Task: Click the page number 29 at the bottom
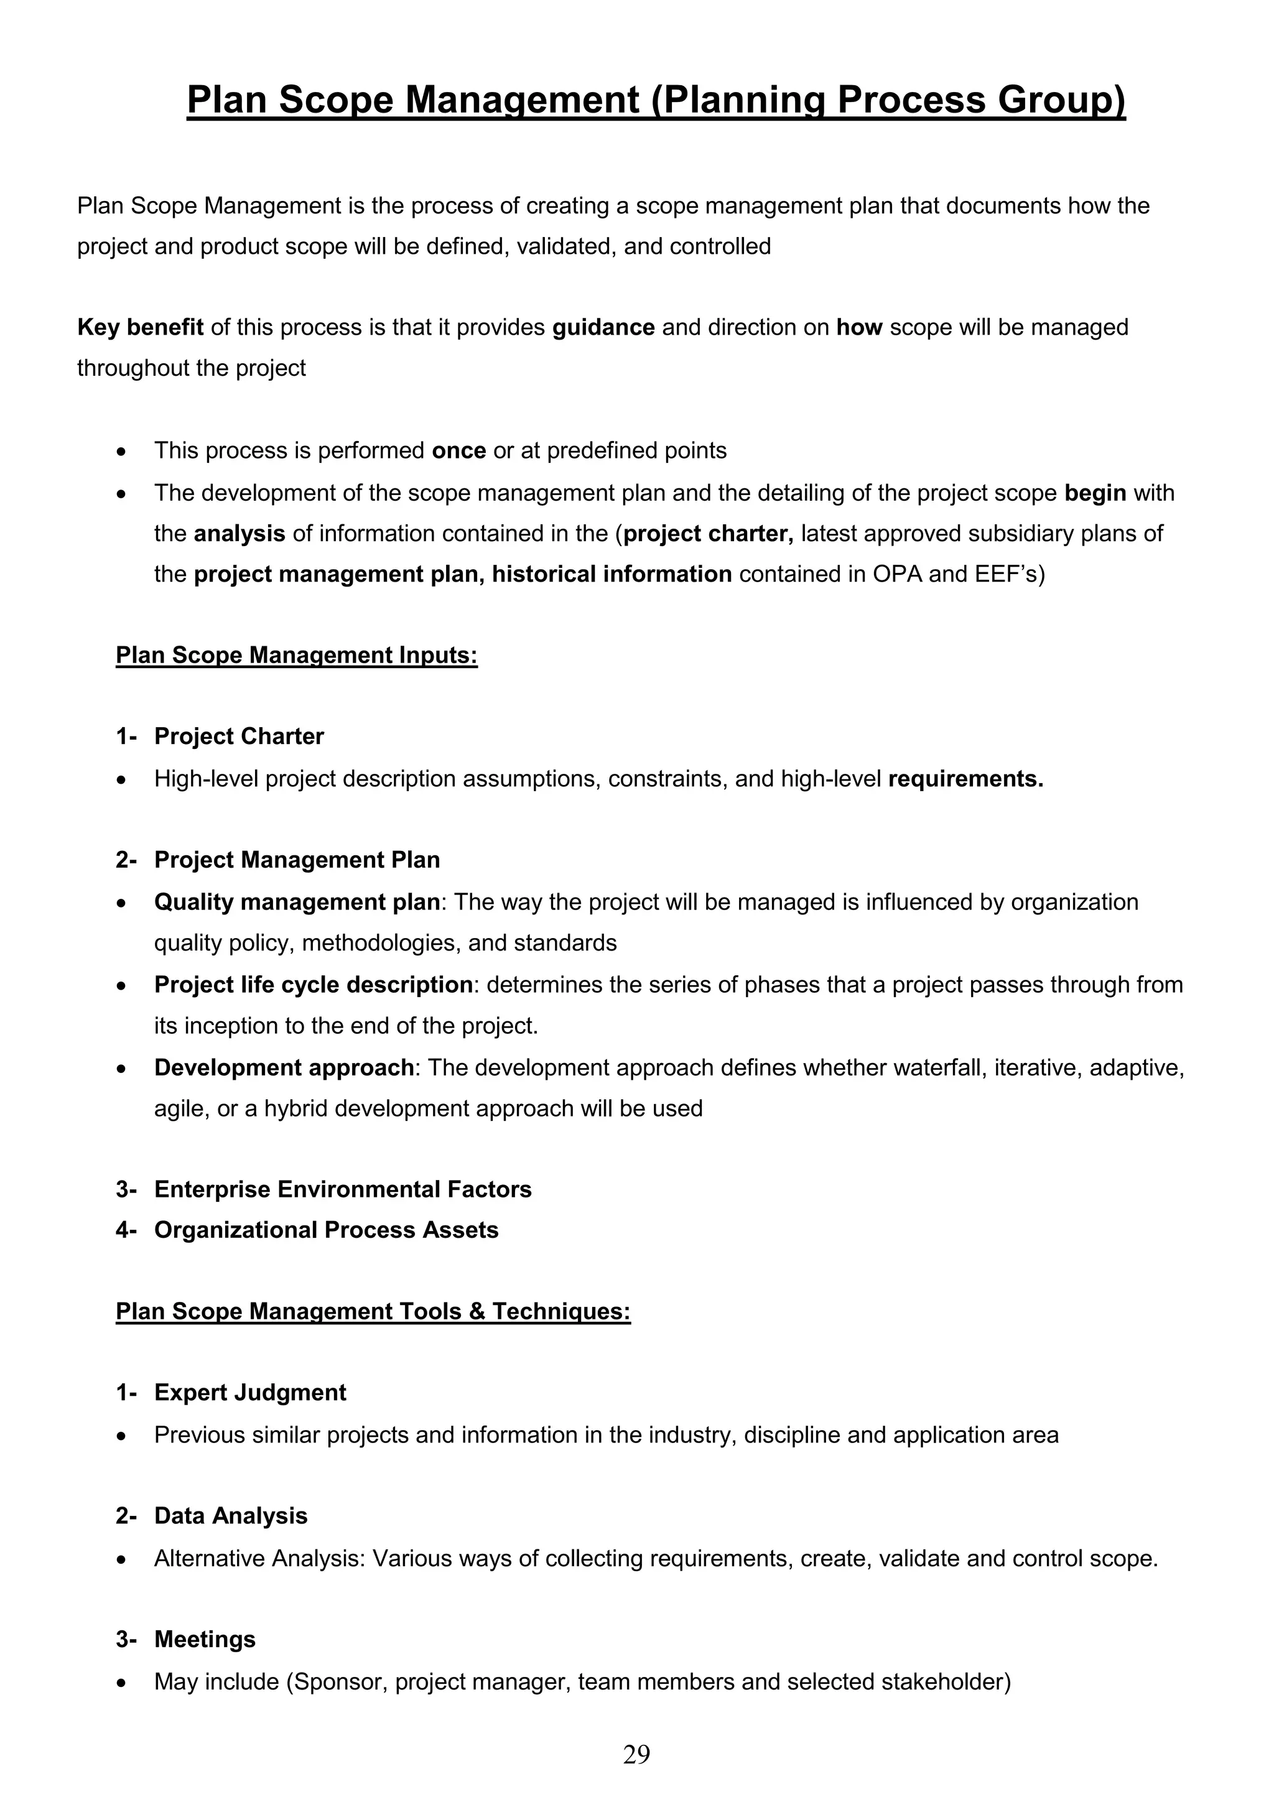coord(636,1754)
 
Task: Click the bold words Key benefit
coord(141,327)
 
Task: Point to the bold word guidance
coord(603,327)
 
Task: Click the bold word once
coord(458,450)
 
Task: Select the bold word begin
coord(1095,493)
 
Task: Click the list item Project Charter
coord(239,736)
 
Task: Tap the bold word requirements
coord(965,779)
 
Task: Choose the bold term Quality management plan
coord(297,902)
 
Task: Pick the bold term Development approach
coord(284,1067)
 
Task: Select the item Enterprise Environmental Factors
coord(342,1189)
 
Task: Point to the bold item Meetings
coord(205,1639)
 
